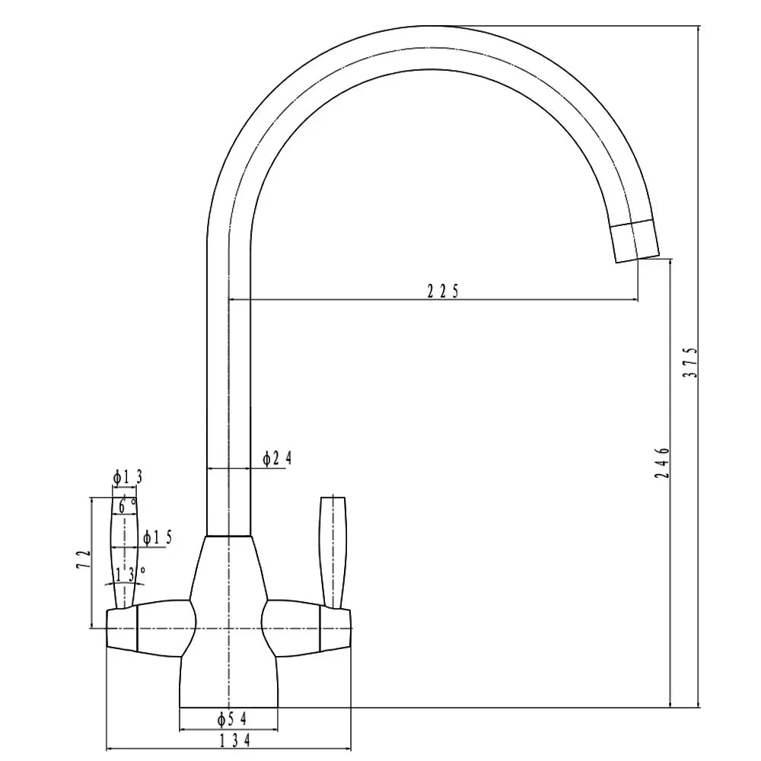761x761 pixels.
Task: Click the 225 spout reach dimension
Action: pos(441,290)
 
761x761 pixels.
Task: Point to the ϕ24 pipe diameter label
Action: pos(276,458)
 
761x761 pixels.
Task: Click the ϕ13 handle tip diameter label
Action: pos(128,477)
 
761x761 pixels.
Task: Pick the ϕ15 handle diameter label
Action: pos(158,537)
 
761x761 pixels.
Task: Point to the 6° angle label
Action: pos(127,503)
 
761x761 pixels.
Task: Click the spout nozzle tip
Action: pos(635,241)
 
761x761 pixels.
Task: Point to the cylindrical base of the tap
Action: pos(228,685)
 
